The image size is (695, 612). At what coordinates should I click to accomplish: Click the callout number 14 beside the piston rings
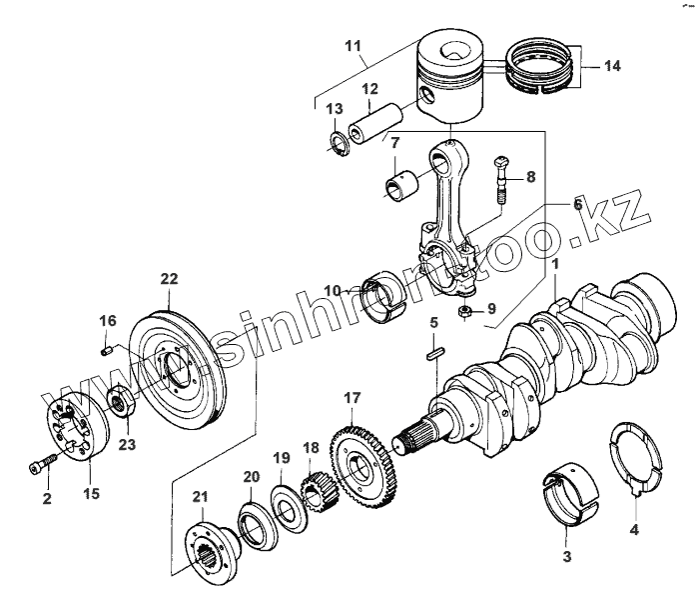click(x=612, y=66)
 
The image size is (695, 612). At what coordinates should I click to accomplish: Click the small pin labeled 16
click(x=107, y=349)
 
